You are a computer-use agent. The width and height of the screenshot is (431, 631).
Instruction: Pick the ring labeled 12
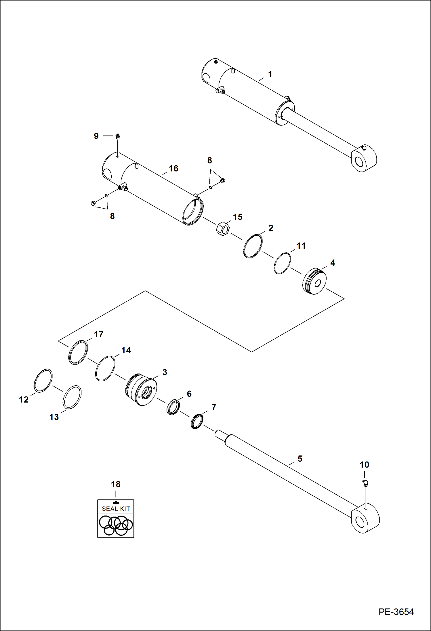click(x=43, y=380)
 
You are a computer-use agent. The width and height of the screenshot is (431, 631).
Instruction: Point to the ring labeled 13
click(x=72, y=397)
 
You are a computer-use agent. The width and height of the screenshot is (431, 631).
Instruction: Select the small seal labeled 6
click(x=173, y=407)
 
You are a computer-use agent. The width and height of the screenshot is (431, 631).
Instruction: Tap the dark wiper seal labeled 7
click(x=197, y=421)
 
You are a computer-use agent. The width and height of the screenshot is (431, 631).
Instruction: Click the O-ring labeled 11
click(x=282, y=263)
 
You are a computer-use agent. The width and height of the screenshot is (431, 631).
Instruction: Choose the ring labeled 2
click(x=253, y=246)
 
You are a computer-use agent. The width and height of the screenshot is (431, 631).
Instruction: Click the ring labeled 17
click(x=78, y=352)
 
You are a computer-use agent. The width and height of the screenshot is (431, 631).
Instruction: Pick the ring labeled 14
click(x=105, y=369)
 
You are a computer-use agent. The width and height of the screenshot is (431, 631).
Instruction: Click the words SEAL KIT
click(x=116, y=509)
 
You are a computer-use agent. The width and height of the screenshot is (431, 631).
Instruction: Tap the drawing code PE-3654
click(x=396, y=612)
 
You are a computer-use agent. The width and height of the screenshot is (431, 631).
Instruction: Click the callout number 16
click(x=173, y=168)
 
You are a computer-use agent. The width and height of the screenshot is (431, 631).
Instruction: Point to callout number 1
click(x=270, y=74)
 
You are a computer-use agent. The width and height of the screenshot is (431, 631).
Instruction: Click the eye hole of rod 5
click(x=360, y=521)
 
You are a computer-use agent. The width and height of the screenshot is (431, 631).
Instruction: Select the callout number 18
click(x=116, y=484)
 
